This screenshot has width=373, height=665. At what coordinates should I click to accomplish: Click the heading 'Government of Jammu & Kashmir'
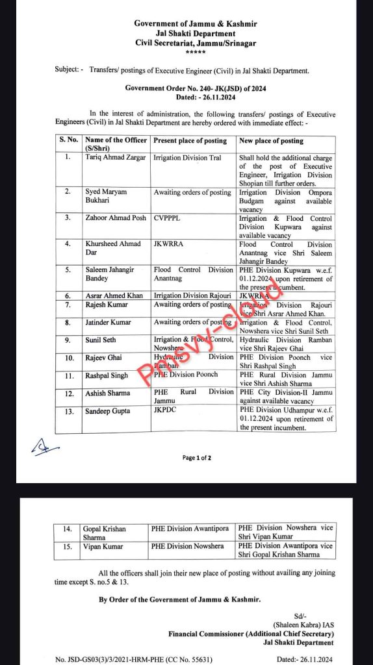(196, 24)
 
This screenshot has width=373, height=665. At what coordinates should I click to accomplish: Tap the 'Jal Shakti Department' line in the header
(196, 33)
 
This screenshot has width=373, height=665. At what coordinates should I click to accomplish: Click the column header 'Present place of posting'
(190, 140)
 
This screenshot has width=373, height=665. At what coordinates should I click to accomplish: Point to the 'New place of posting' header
(272, 140)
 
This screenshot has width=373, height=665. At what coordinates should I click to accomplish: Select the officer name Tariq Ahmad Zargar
(114, 158)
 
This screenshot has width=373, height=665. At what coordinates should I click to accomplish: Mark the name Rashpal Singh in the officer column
(107, 375)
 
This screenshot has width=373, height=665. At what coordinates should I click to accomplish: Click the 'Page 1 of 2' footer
(197, 458)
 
